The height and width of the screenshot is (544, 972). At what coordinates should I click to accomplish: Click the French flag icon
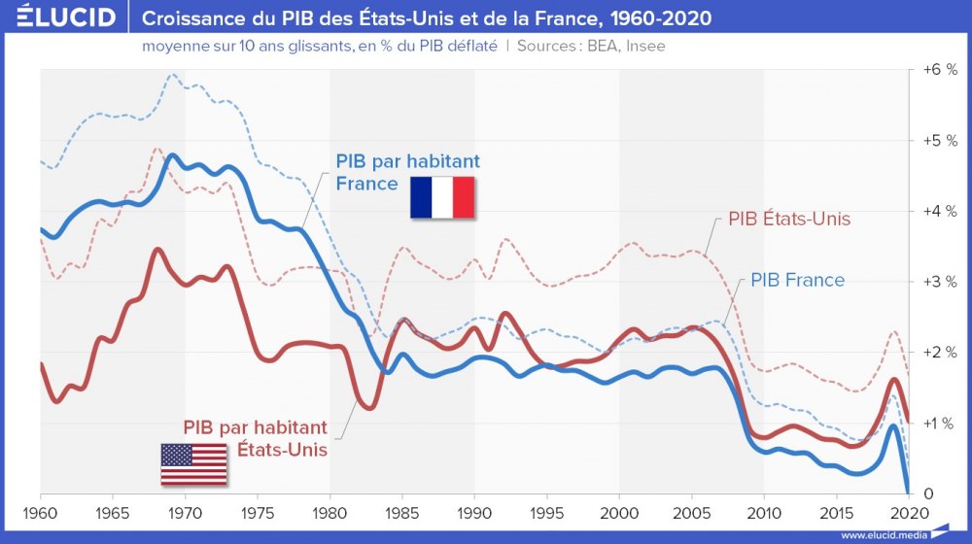(x=441, y=197)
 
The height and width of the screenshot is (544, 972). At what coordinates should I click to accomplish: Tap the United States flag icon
(x=193, y=463)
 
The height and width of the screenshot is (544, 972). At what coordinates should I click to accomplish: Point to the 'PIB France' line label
(x=797, y=281)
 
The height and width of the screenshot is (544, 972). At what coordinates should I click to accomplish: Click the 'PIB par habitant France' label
(x=407, y=172)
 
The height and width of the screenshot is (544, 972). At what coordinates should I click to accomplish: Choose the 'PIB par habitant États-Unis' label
(x=256, y=438)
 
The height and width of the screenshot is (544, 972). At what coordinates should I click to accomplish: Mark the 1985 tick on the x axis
(x=402, y=512)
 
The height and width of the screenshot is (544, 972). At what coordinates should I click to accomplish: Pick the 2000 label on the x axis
(x=619, y=512)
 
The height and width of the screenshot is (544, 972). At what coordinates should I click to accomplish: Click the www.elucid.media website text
(x=882, y=535)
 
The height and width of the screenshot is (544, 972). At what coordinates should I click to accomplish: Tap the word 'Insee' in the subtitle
(x=645, y=46)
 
